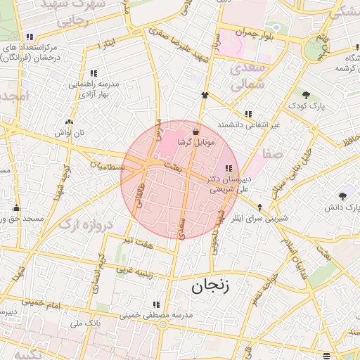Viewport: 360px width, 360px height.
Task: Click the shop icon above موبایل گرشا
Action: click(x=195, y=131)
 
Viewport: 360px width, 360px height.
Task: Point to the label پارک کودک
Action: click(x=305, y=105)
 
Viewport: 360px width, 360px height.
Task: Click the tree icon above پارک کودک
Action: click(x=305, y=95)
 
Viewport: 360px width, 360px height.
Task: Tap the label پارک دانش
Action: click(x=342, y=207)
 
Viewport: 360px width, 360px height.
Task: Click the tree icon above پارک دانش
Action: click(x=342, y=196)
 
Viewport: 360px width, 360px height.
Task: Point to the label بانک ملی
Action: click(x=87, y=324)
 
